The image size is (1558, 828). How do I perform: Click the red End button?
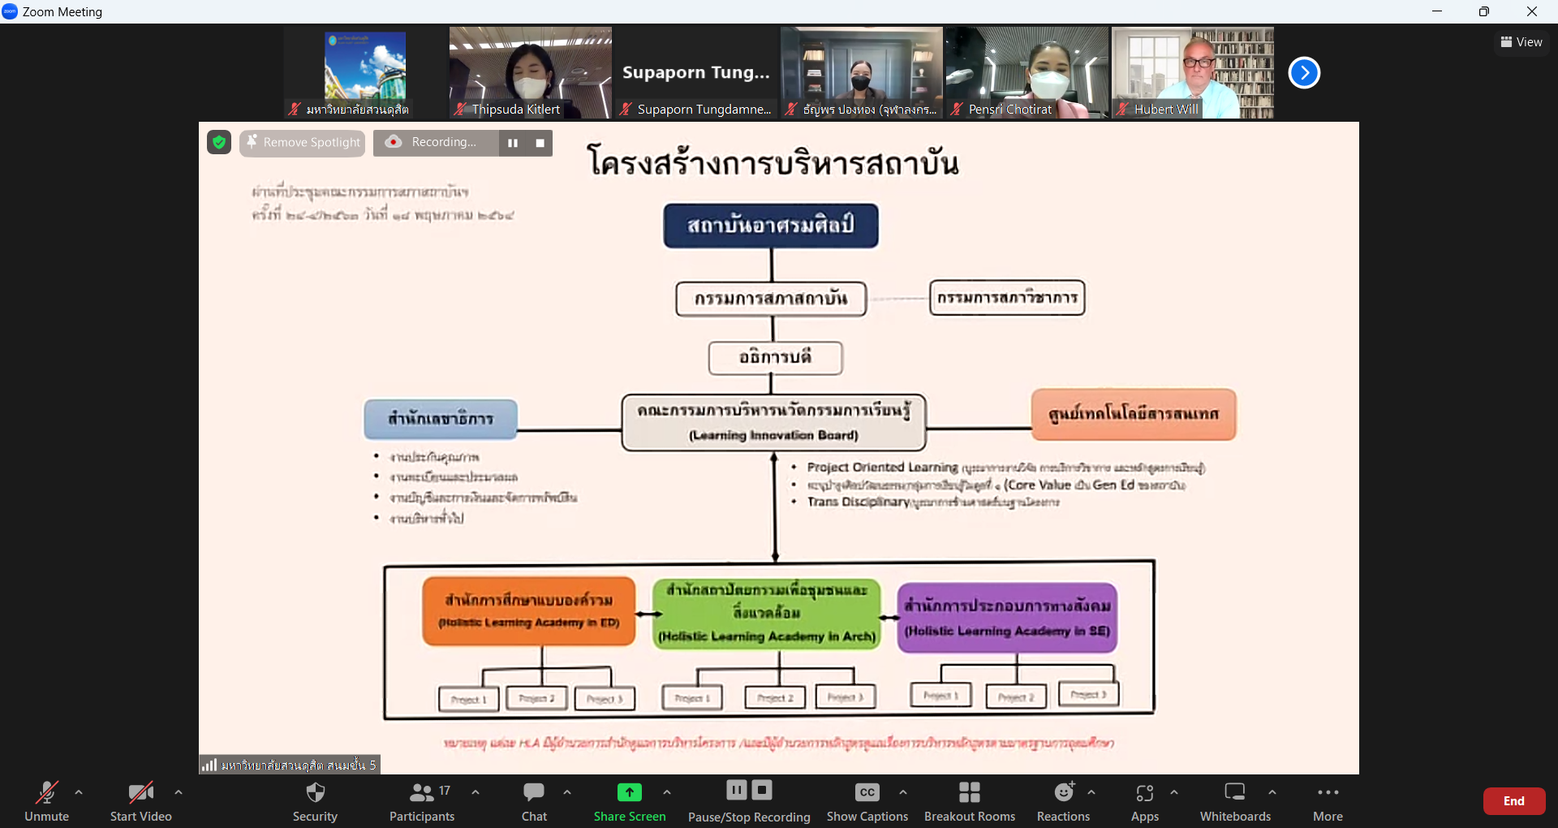click(1513, 801)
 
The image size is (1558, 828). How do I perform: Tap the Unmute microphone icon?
click(46, 792)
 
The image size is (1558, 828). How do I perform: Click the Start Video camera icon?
click(140, 792)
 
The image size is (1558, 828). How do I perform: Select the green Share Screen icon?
click(629, 792)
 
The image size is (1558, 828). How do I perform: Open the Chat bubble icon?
click(534, 792)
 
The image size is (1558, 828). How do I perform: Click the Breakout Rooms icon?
click(969, 792)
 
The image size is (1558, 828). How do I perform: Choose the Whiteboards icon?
click(1234, 792)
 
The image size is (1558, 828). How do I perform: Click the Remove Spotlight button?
click(303, 143)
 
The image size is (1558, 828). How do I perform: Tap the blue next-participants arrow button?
click(1304, 73)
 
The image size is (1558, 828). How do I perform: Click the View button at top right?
click(1521, 42)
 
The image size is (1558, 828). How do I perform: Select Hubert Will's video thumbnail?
click(1192, 73)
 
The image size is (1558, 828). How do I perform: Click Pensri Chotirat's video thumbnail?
click(1026, 73)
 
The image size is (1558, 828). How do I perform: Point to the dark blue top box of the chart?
click(771, 226)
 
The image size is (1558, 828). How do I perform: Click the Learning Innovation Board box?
click(773, 422)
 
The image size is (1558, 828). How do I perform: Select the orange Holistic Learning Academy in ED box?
click(528, 611)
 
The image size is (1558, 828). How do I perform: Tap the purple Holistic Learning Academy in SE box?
click(1007, 618)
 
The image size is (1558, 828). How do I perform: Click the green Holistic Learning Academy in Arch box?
click(767, 613)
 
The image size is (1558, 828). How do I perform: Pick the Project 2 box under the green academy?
click(775, 698)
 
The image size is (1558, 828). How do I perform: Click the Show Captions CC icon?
click(867, 792)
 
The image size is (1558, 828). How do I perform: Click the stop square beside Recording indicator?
click(540, 143)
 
